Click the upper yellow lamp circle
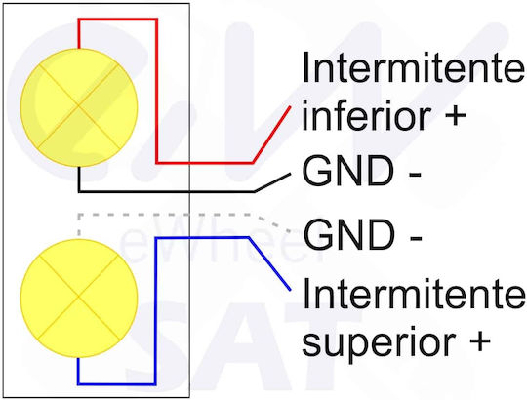tap(79, 107)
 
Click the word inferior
tap(366, 115)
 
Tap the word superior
tap(377, 342)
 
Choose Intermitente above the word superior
tap(414, 294)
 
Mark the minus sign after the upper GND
tap(416, 174)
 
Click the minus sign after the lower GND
tap(416, 237)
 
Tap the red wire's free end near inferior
tap(290, 106)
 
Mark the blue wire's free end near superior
tap(290, 289)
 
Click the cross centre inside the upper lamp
tap(79, 106)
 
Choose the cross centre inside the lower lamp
tap(79, 297)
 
